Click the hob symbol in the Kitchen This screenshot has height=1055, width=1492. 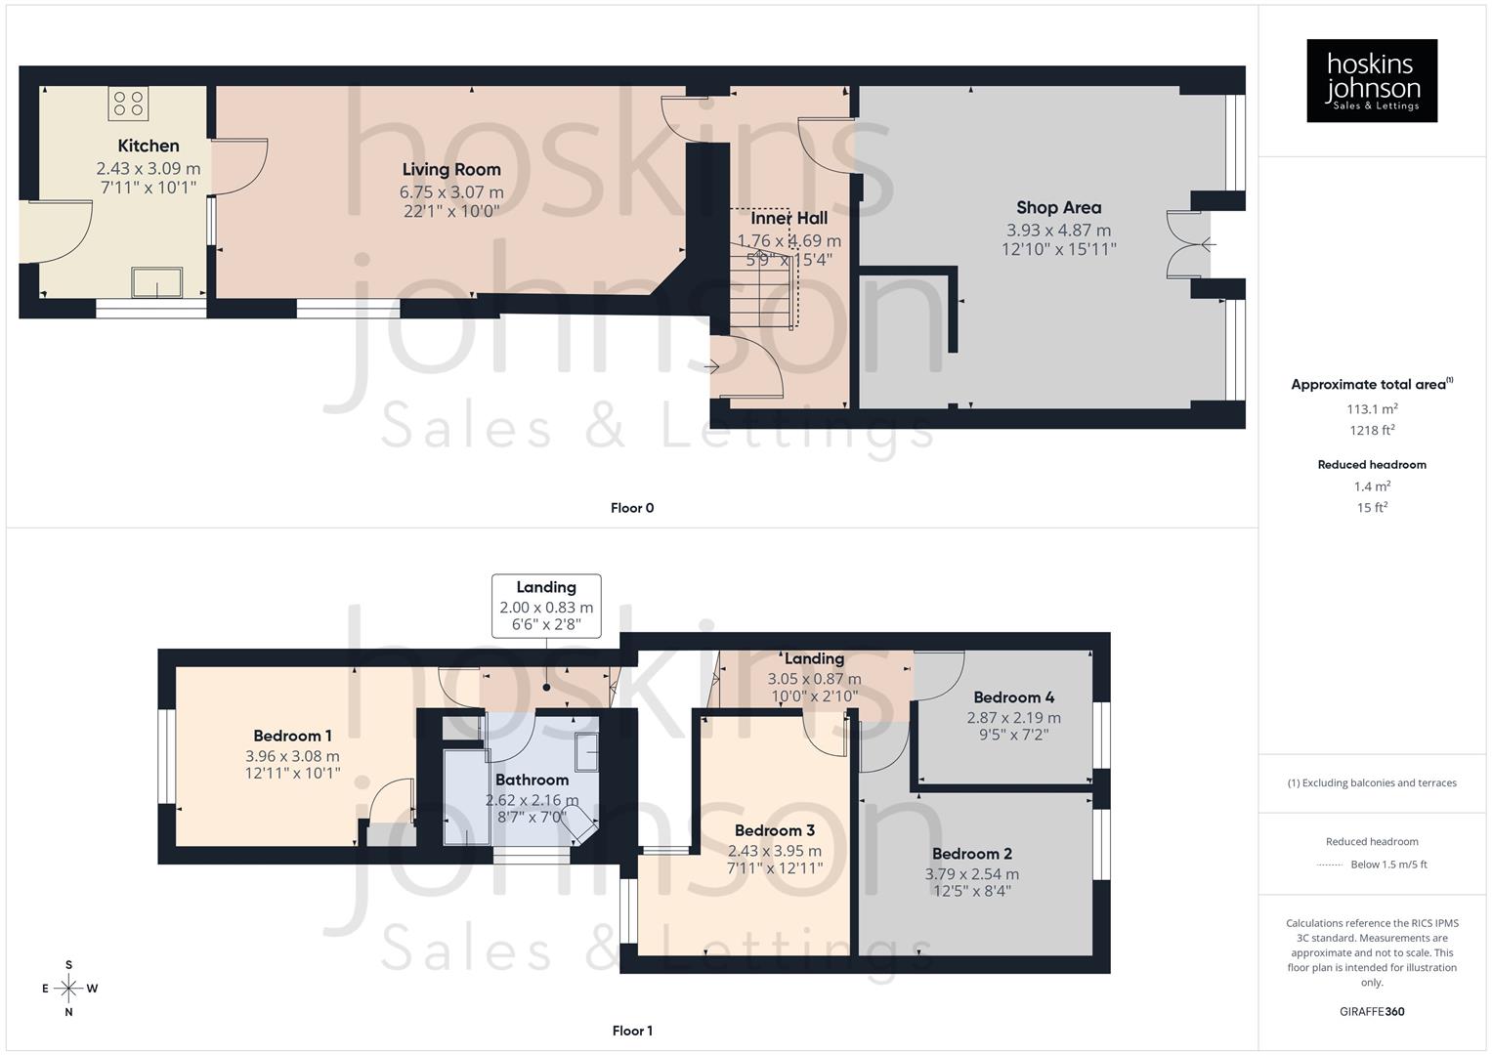click(x=129, y=102)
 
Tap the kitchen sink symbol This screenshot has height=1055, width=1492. click(x=157, y=281)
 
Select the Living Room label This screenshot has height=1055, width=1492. click(x=450, y=169)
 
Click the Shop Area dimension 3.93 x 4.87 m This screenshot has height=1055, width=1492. click(x=1058, y=231)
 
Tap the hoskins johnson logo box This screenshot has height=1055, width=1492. click(x=1372, y=80)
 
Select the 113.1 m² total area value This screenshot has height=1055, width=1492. click(x=1372, y=409)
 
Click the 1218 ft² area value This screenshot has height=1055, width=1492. click(x=1372, y=431)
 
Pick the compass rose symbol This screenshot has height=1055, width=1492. click(x=69, y=989)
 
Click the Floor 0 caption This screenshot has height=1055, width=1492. click(x=632, y=508)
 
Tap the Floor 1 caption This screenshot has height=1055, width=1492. click(x=632, y=1031)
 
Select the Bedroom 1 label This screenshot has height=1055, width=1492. click(x=292, y=736)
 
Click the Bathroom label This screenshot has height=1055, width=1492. click(x=532, y=780)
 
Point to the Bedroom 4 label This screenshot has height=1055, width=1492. click(x=1013, y=697)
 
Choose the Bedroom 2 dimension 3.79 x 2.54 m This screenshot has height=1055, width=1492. click(x=971, y=874)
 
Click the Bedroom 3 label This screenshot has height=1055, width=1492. click(x=774, y=830)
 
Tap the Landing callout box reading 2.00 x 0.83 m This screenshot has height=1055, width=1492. click(x=546, y=607)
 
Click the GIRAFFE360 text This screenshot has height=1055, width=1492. click(x=1372, y=1012)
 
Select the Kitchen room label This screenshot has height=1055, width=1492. click(x=149, y=146)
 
